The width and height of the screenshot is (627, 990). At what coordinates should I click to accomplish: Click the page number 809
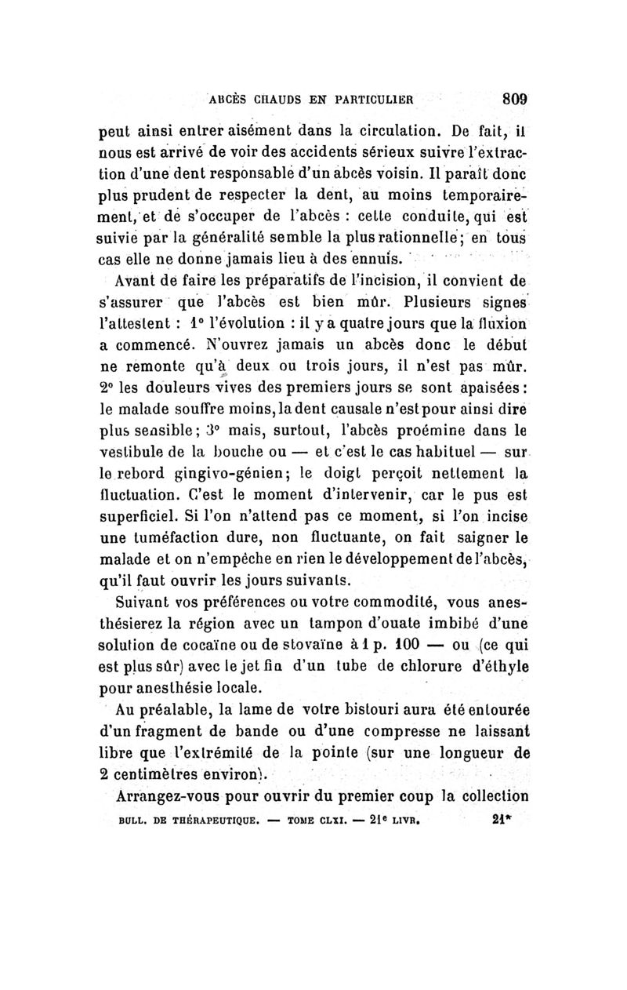(x=513, y=100)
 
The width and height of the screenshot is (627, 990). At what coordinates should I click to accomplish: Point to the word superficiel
(x=137, y=516)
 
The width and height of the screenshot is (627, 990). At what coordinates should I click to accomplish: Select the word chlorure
(x=422, y=668)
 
